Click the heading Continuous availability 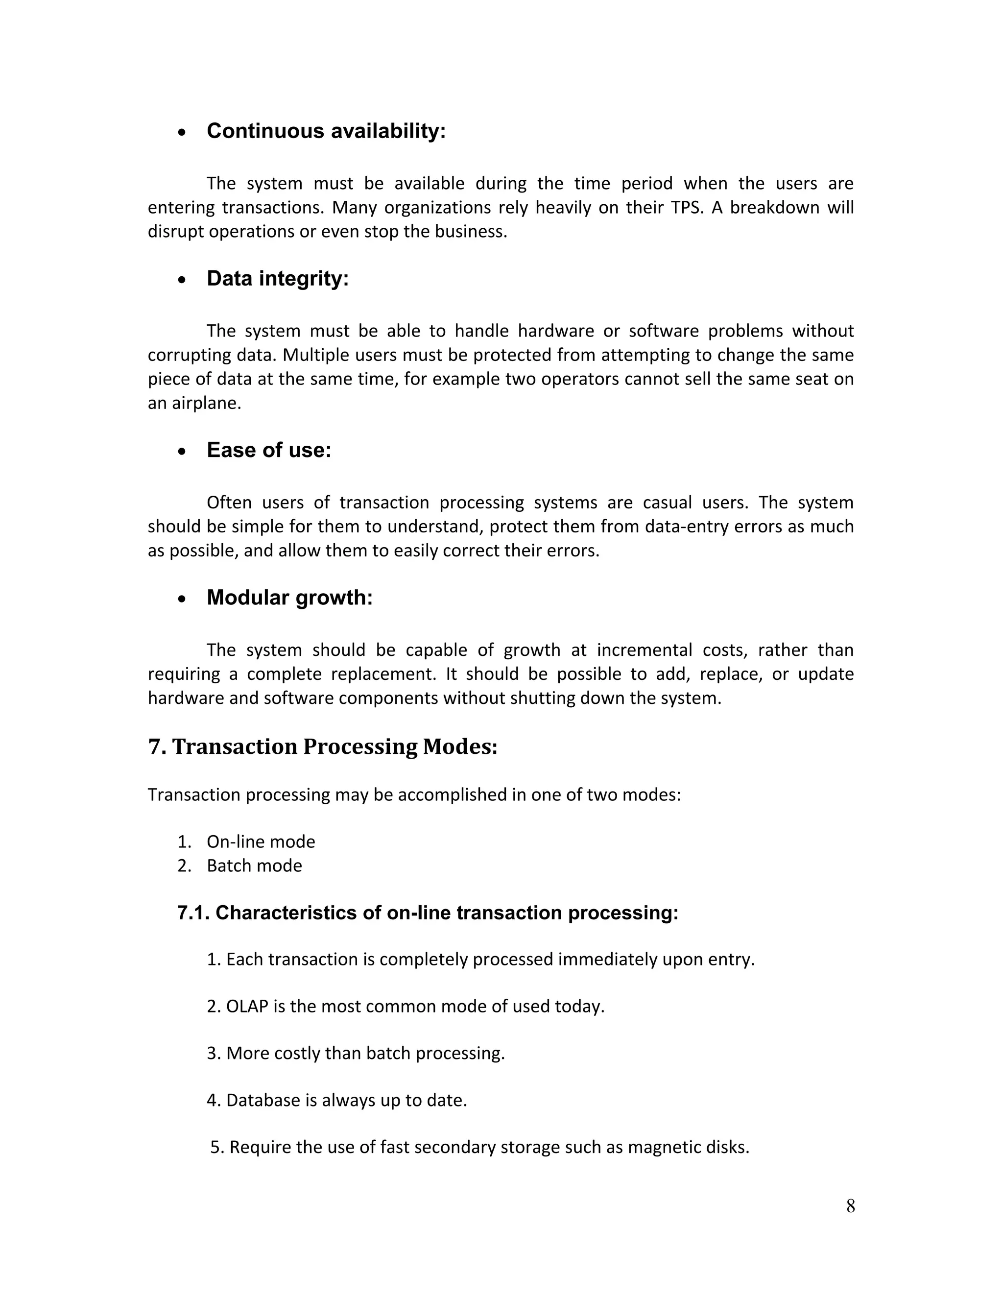pyautogui.click(x=326, y=131)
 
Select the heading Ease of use pyautogui.click(x=268, y=451)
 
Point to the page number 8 pyautogui.click(x=850, y=1206)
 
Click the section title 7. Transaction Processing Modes pyautogui.click(x=322, y=746)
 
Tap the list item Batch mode pyautogui.click(x=254, y=865)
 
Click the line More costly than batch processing pyautogui.click(x=356, y=1054)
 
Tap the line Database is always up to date pyautogui.click(x=336, y=1101)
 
